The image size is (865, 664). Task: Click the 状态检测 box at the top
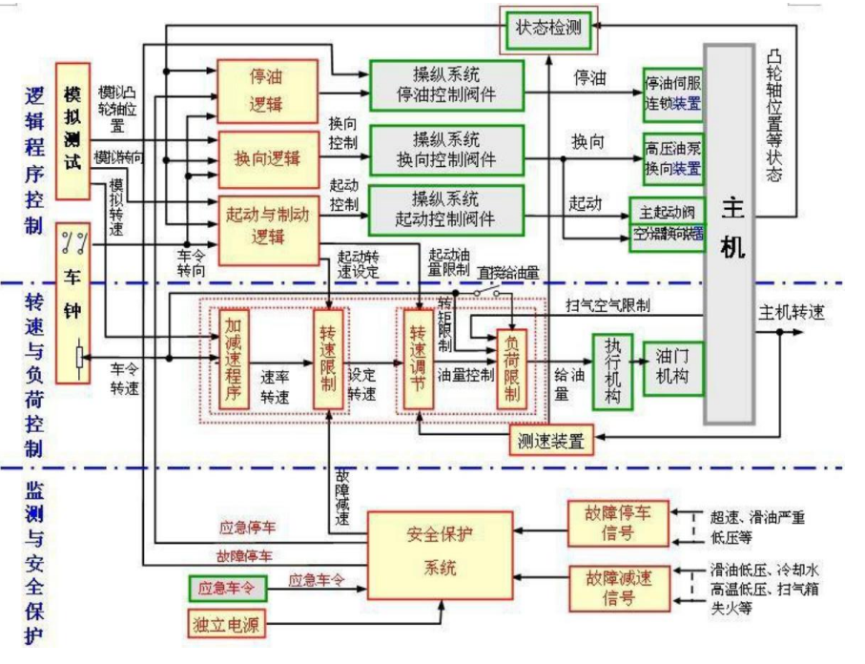(548, 28)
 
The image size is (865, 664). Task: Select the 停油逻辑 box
(266, 90)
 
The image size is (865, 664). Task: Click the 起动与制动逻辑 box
(266, 226)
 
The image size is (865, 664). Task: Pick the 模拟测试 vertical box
(72, 130)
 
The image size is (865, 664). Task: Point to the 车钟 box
(73, 306)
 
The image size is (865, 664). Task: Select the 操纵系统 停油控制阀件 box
(446, 87)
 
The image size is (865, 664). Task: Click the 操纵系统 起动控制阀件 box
(446, 209)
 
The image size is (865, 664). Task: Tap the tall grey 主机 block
(730, 233)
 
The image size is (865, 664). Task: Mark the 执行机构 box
(612, 371)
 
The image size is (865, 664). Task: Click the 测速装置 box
(551, 440)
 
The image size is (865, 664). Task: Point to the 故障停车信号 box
(611, 524)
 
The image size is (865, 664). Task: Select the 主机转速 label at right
(792, 312)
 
